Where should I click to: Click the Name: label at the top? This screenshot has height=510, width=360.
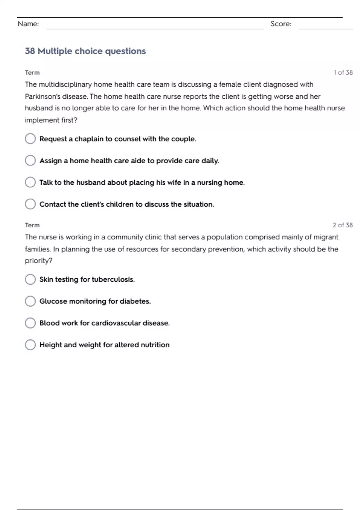click(28, 24)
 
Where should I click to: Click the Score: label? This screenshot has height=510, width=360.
click(281, 24)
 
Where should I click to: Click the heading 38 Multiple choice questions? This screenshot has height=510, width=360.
click(85, 51)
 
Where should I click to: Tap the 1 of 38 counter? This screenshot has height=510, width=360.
click(343, 73)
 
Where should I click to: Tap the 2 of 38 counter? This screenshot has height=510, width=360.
click(343, 225)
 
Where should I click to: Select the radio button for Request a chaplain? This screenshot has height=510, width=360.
click(30, 139)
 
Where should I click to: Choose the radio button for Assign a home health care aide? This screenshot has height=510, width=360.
click(30, 160)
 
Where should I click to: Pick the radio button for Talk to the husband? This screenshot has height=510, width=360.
click(30, 182)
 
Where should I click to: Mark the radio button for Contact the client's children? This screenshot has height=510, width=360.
click(30, 204)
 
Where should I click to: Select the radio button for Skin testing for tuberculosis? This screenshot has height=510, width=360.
click(30, 279)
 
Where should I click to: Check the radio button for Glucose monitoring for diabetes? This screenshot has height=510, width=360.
click(30, 301)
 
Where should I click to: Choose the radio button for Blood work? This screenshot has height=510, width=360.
click(30, 323)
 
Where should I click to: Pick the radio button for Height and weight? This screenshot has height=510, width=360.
click(30, 345)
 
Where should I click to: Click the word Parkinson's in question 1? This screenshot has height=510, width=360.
click(42, 97)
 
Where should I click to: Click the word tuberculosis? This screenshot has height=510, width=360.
click(113, 280)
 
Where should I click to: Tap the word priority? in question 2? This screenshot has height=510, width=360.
click(39, 261)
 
